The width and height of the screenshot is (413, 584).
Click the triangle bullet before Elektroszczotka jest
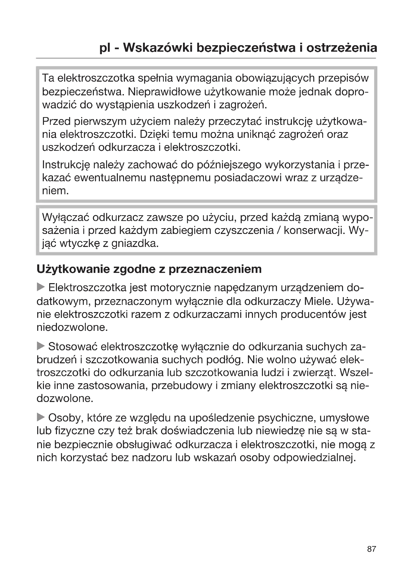(40, 287)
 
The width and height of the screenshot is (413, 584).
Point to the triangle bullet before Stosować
(40, 346)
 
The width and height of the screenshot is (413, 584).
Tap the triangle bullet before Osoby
(40, 417)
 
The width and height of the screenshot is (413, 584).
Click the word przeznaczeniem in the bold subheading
(215, 269)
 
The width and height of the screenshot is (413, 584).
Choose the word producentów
(313, 314)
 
